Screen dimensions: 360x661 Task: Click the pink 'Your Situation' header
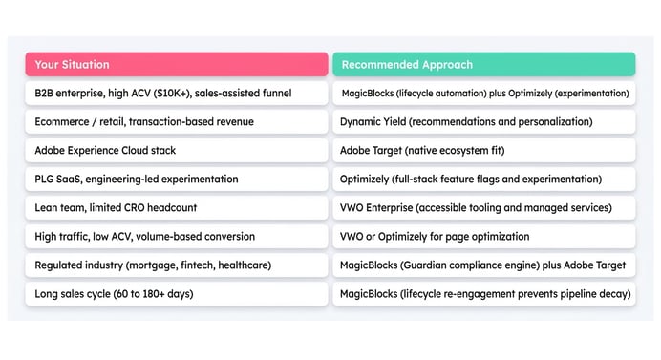(176, 64)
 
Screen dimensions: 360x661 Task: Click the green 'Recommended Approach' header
(483, 64)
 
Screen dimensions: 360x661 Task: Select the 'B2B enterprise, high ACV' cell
(176, 93)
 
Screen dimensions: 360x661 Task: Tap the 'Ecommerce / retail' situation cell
(176, 121)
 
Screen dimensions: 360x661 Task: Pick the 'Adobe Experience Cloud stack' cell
(176, 150)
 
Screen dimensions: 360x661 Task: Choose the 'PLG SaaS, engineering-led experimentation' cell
(176, 179)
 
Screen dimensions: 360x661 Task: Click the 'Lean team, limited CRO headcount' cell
(176, 207)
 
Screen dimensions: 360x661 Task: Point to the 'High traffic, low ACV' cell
(176, 236)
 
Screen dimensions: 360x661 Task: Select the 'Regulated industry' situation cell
(176, 265)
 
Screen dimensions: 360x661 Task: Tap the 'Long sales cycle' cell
(176, 293)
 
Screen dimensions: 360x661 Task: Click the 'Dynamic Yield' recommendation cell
(483, 121)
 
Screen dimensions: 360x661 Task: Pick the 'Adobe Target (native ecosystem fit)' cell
(483, 150)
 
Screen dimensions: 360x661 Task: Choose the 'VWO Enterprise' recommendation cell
(483, 207)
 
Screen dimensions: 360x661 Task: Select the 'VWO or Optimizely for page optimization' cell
(483, 236)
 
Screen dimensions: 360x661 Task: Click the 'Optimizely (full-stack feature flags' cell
(483, 179)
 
